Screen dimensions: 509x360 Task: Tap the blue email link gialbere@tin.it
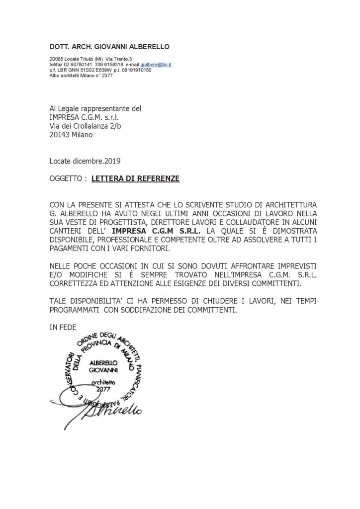(x=156, y=65)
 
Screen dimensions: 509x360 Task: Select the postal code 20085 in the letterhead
(x=56, y=60)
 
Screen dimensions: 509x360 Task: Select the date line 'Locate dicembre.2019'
(x=85, y=161)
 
